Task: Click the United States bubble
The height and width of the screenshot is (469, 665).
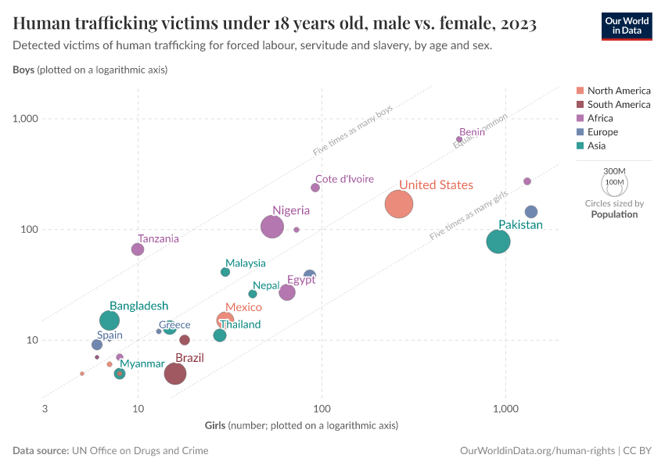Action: pyautogui.click(x=399, y=204)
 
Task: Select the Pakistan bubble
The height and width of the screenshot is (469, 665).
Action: pyautogui.click(x=498, y=242)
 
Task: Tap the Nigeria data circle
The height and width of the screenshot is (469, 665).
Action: pyautogui.click(x=272, y=227)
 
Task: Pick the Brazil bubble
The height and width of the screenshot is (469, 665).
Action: pyautogui.click(x=175, y=374)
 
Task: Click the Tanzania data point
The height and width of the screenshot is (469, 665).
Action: pyautogui.click(x=138, y=249)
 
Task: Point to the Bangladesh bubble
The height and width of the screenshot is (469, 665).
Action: pyautogui.click(x=110, y=320)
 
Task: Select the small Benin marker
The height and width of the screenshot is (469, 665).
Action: pyautogui.click(x=459, y=139)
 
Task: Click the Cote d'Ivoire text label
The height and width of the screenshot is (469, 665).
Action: pyautogui.click(x=344, y=179)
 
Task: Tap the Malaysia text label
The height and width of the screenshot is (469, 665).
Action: pyautogui.click(x=246, y=263)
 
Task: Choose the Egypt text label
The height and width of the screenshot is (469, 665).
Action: pyautogui.click(x=301, y=280)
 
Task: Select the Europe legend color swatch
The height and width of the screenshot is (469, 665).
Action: pyautogui.click(x=580, y=132)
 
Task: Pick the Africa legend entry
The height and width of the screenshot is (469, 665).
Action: pyautogui.click(x=606, y=118)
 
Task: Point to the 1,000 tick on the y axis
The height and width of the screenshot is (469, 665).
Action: pyautogui.click(x=27, y=119)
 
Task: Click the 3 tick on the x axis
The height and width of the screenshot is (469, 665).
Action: pyautogui.click(x=45, y=409)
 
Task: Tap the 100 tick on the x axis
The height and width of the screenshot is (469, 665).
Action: pyautogui.click(x=322, y=409)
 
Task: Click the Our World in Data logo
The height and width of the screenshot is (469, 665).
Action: pyautogui.click(x=627, y=26)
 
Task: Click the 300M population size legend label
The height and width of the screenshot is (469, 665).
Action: pyautogui.click(x=615, y=171)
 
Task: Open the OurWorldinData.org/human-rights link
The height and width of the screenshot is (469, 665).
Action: pyautogui.click(x=537, y=451)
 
